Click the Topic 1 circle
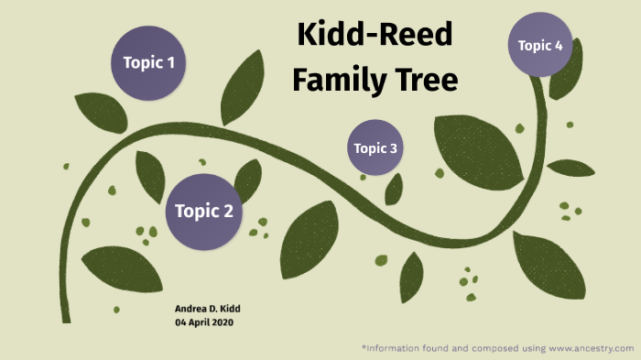pos(148,63)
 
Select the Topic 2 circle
pos(203,212)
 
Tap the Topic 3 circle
pos(375,147)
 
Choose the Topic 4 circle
pos(546,44)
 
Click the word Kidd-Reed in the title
pos(375,38)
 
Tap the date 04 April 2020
pos(204,322)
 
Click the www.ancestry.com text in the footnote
pos(591,348)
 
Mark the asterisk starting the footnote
pos(364,346)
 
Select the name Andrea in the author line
pos(190,310)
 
